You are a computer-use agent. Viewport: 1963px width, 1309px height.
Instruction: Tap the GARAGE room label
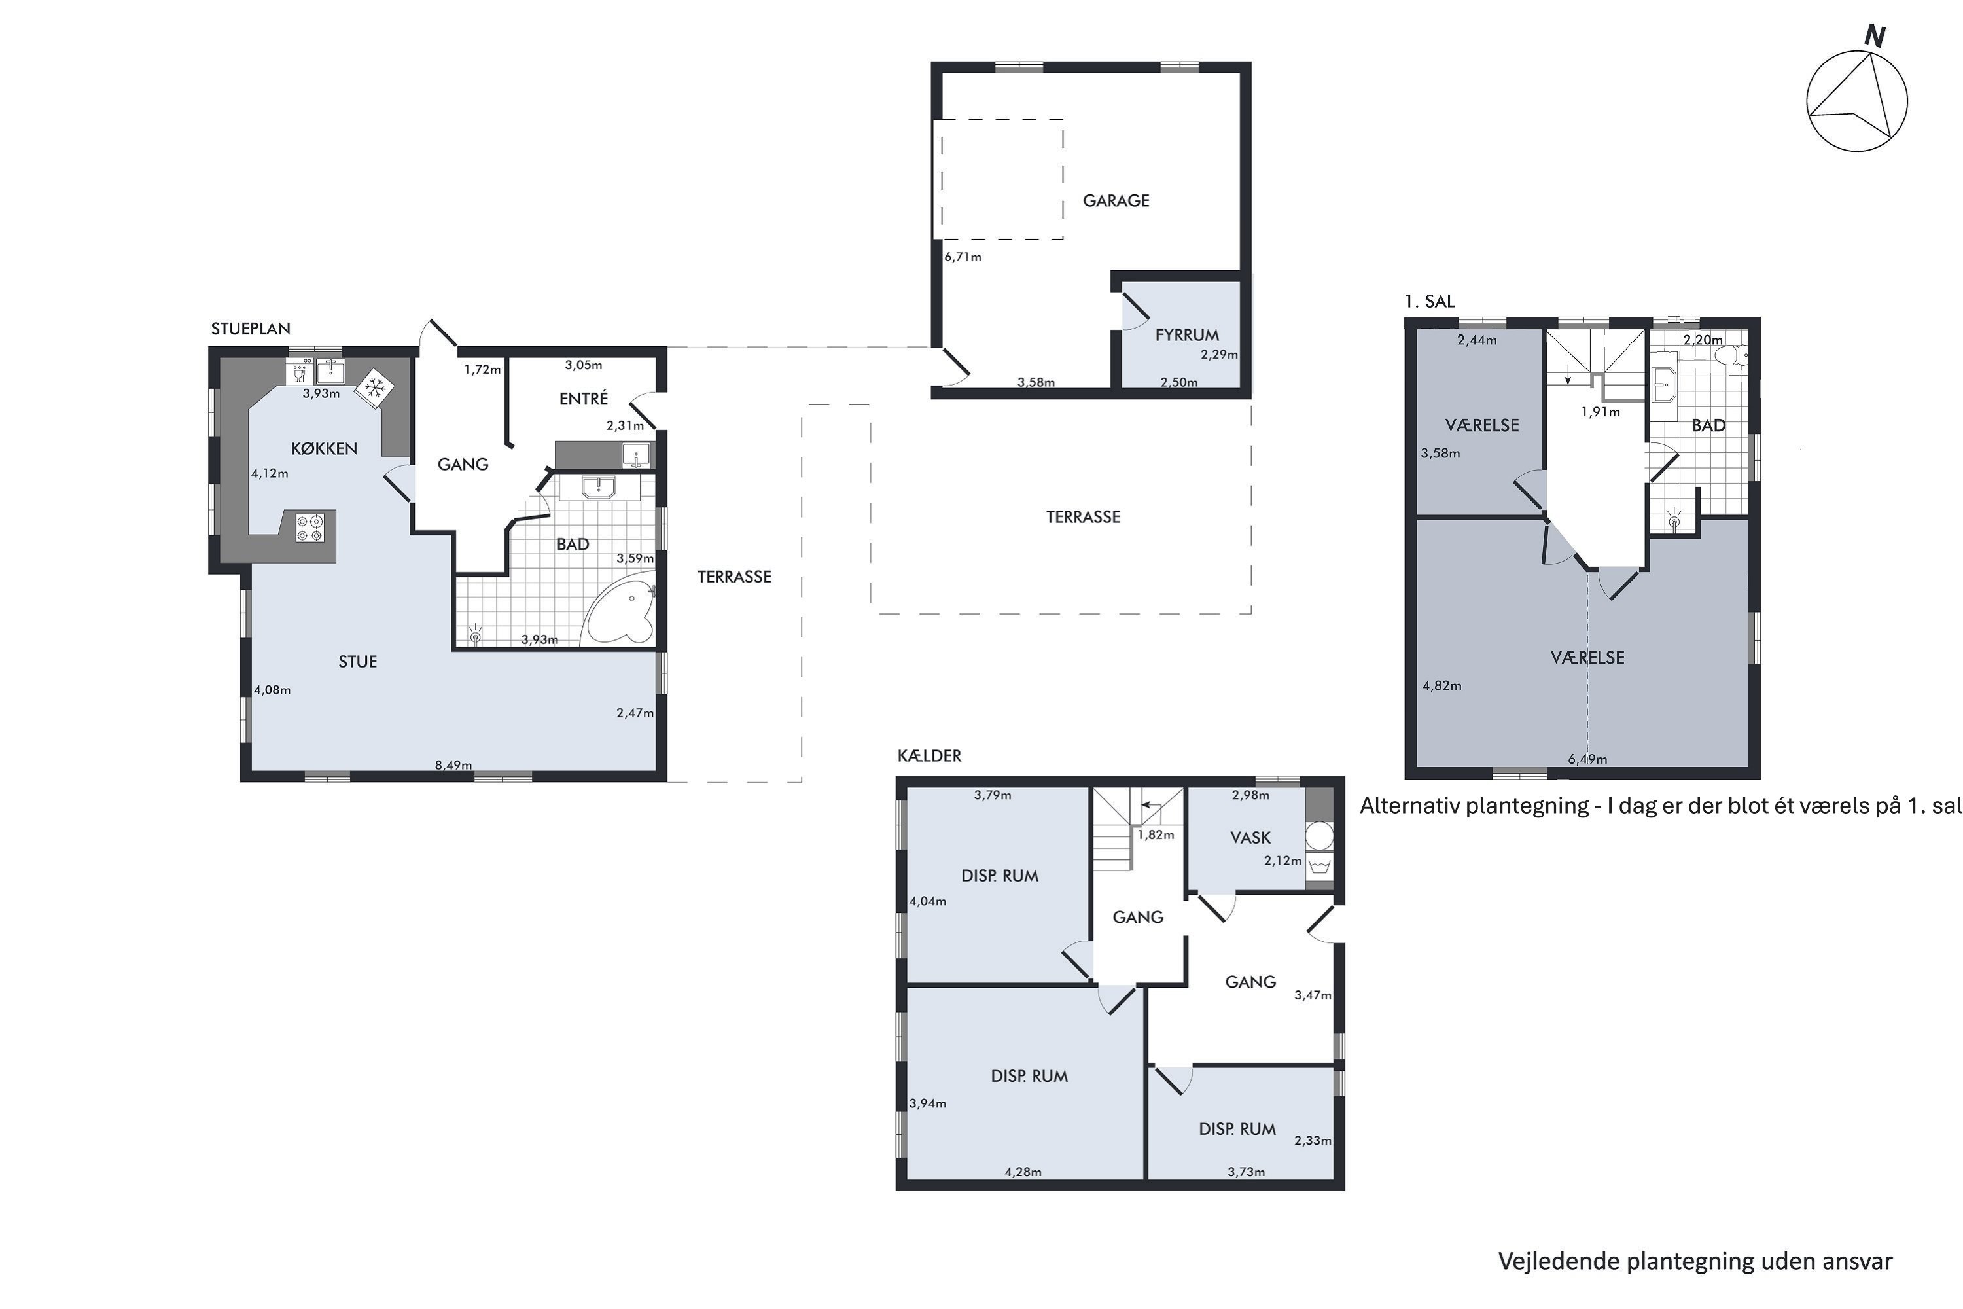pos(1116,200)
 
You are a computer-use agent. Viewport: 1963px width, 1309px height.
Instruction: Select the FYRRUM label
pos(1187,334)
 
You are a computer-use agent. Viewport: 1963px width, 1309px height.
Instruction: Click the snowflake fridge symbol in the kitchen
pos(373,388)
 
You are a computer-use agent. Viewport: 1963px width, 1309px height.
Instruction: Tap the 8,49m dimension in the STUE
pos(453,764)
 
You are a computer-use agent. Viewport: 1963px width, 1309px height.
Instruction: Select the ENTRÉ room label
pos(584,399)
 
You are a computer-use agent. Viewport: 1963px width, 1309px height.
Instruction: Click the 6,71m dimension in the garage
pos(963,257)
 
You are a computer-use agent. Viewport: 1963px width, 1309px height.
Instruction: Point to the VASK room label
pos(1250,837)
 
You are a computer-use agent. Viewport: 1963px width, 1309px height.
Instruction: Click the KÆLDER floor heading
pos(929,755)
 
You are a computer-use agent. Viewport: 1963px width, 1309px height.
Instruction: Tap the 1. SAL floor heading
pos(1429,301)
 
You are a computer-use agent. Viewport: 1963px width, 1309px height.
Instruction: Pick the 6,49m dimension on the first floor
pos(1587,759)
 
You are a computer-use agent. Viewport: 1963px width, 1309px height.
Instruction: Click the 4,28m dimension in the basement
pos(1023,1172)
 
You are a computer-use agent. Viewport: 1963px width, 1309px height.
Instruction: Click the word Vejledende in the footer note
pos(1560,1261)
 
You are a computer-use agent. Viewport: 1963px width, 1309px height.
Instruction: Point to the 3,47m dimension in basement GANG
pos(1313,995)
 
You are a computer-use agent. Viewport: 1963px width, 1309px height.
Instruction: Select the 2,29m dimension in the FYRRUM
pos(1220,354)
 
